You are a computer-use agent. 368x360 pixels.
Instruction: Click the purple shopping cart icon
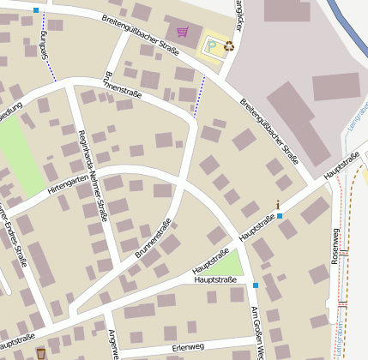(x=182, y=33)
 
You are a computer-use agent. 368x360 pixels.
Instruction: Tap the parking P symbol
(x=212, y=45)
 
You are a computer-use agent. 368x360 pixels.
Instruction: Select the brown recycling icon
(x=229, y=45)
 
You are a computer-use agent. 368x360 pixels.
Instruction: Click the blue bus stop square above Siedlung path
(x=36, y=10)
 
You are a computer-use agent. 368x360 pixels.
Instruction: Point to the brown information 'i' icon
(x=278, y=204)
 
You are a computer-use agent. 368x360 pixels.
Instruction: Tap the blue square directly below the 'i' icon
(x=280, y=216)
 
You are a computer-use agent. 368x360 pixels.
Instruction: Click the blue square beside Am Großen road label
(x=255, y=285)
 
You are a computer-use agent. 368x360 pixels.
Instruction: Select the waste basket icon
(x=40, y=353)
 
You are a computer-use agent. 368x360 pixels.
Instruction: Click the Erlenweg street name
(x=187, y=347)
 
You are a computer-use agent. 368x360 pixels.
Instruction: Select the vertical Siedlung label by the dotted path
(x=44, y=45)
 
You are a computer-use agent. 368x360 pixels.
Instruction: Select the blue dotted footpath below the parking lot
(x=200, y=94)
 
